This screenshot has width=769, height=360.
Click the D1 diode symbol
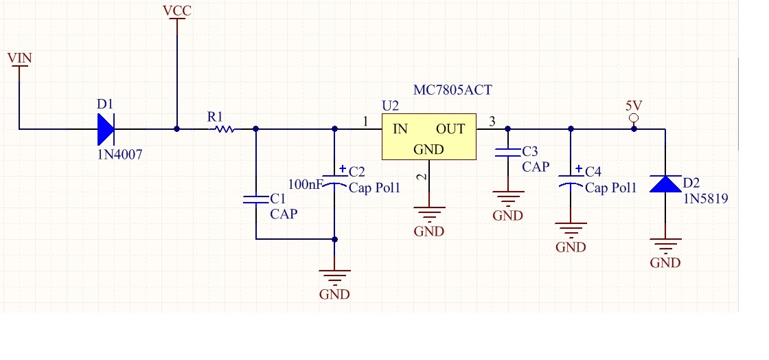(x=106, y=128)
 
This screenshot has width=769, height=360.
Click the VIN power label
(x=19, y=58)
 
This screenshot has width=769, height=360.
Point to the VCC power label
(x=177, y=12)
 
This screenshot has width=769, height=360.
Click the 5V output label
(x=634, y=106)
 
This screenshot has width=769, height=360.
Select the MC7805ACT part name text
(x=452, y=90)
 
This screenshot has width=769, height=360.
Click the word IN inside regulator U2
(x=400, y=128)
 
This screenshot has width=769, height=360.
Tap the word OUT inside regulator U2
(x=450, y=128)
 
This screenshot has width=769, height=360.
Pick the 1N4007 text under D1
(x=119, y=155)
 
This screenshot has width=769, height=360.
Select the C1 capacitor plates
(x=255, y=200)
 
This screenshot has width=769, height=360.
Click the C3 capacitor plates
(x=508, y=153)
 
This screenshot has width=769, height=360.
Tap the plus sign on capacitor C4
(x=579, y=169)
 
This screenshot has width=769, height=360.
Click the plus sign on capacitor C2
(x=343, y=168)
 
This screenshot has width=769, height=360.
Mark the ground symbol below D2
(x=665, y=245)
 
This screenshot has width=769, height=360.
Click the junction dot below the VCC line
(x=177, y=128)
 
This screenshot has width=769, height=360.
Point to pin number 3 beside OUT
(x=491, y=122)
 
